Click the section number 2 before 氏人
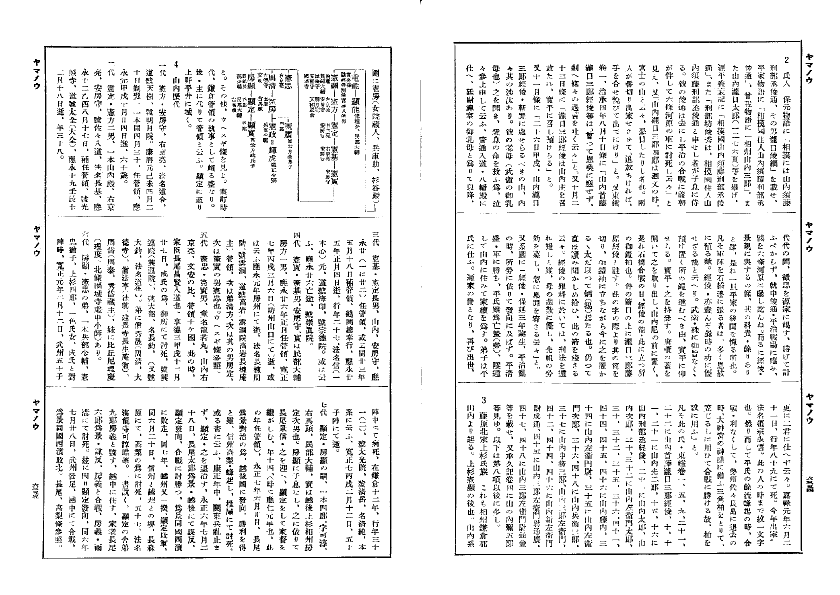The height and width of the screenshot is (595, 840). pyautogui.click(x=787, y=59)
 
